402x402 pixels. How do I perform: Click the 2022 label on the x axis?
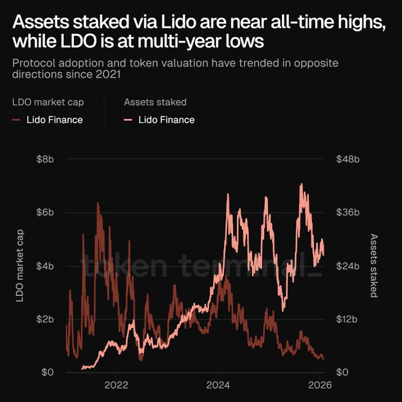116,385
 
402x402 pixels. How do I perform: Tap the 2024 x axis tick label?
218,385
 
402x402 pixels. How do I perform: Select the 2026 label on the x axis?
319,385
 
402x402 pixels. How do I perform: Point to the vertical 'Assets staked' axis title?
374,265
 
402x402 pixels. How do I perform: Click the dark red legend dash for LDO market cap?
16,120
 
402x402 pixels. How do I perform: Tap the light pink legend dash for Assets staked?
128,120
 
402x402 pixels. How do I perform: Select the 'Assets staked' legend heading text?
155,102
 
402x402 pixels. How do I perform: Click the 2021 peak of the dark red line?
98,203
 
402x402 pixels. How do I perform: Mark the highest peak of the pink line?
301,184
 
